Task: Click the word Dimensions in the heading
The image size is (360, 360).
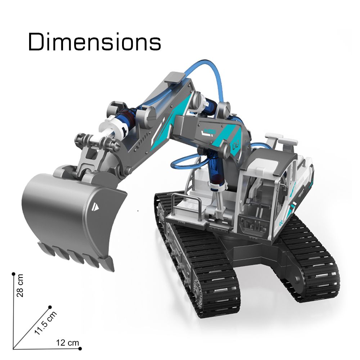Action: click(94, 42)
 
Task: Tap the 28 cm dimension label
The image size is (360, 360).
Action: click(20, 285)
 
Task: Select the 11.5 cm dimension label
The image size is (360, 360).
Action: click(45, 323)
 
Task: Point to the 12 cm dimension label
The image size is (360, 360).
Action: click(68, 343)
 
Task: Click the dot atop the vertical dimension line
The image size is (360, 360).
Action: click(14, 274)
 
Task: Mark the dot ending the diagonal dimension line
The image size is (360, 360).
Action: click(50, 307)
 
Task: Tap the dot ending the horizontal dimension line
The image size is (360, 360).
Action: click(80, 348)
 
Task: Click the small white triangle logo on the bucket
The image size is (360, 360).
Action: click(96, 206)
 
